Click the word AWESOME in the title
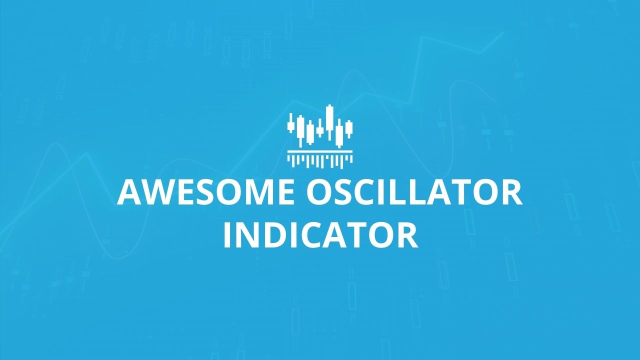point(205,191)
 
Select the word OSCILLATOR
point(415,191)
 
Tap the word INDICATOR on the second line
point(320,235)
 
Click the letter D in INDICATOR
point(275,235)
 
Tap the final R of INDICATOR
point(408,235)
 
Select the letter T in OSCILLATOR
point(463,191)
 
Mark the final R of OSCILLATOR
point(513,191)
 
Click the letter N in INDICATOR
point(247,235)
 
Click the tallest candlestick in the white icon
point(329,122)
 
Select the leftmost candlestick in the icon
point(291,123)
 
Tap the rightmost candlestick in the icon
point(349,129)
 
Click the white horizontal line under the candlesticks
point(320,151)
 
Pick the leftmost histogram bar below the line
point(288,158)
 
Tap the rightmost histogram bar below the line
point(351,159)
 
